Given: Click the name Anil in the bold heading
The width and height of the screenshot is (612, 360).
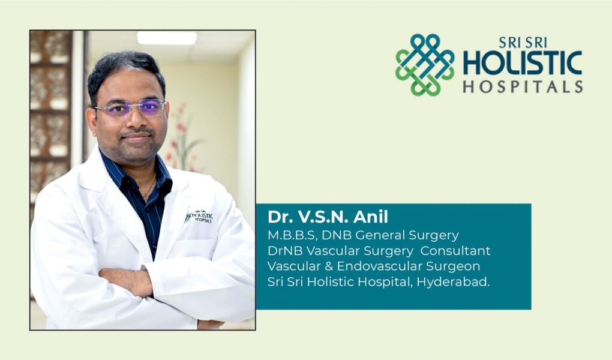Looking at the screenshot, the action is [x=370, y=217].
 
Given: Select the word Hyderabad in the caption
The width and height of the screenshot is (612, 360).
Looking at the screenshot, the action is [x=452, y=281].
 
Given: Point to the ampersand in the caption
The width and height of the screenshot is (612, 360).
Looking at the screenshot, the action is [x=329, y=266].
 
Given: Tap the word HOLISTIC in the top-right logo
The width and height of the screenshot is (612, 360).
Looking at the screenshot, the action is [x=523, y=62].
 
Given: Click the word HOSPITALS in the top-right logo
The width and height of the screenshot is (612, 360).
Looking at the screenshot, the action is [x=523, y=86].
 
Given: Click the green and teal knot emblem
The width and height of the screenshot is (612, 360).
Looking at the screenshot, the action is [x=425, y=65].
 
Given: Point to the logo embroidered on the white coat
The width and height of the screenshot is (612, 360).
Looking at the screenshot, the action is [x=199, y=217].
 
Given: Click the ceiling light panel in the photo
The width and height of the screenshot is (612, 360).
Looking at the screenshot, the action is [x=167, y=37].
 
